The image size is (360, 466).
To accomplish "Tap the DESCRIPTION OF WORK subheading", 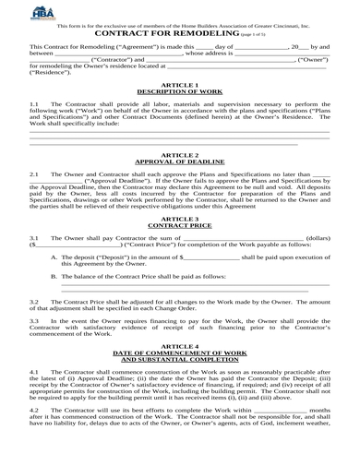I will coord(180,91).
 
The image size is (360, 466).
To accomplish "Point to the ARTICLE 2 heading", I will coord(180,154).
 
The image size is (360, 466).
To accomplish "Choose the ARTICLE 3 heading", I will coord(180,219).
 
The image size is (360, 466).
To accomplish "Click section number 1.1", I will coord(35,105).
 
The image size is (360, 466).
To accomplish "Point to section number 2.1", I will coord(35,174).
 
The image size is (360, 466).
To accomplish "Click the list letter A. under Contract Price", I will coord(54,257).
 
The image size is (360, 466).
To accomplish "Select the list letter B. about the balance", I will coord(54,275).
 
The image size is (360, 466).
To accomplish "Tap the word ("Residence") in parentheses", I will coord(51,73).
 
